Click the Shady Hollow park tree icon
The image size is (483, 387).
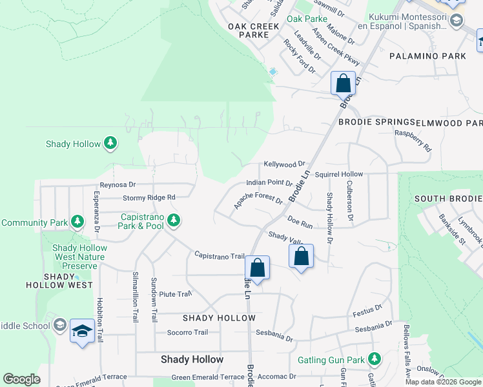tap(111, 143)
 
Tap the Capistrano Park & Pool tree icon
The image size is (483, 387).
tap(174, 221)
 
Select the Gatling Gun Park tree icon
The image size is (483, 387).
tap(373, 359)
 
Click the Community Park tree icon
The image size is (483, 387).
tap(77, 223)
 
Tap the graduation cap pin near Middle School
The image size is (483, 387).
tap(82, 332)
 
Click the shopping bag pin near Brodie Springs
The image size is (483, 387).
tap(343, 83)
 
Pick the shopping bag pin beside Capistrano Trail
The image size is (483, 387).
tap(257, 268)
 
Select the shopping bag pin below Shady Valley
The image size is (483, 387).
tap(301, 256)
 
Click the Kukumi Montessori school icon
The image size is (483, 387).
tap(456, 21)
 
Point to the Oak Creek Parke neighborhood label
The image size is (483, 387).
tap(253, 31)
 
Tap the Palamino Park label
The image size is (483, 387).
tap(427, 56)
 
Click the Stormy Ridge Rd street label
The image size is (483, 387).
tap(149, 197)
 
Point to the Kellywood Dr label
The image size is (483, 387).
tap(284, 165)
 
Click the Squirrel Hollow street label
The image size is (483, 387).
tap(343, 174)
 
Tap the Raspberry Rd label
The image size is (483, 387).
tap(413, 139)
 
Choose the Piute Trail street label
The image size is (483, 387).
tap(176, 294)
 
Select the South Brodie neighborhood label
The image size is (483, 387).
tap(447, 199)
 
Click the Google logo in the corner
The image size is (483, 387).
tap(21, 379)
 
